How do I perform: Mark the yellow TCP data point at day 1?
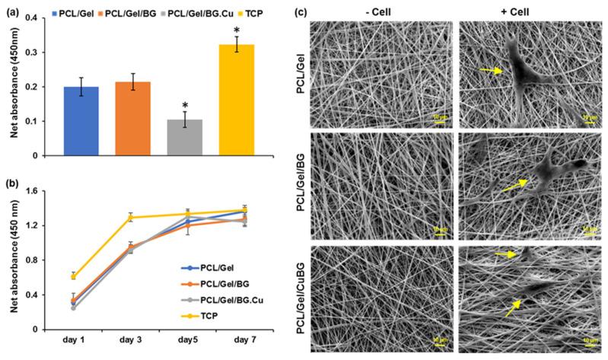pos(73,277)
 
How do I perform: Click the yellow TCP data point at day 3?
pos(131,218)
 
